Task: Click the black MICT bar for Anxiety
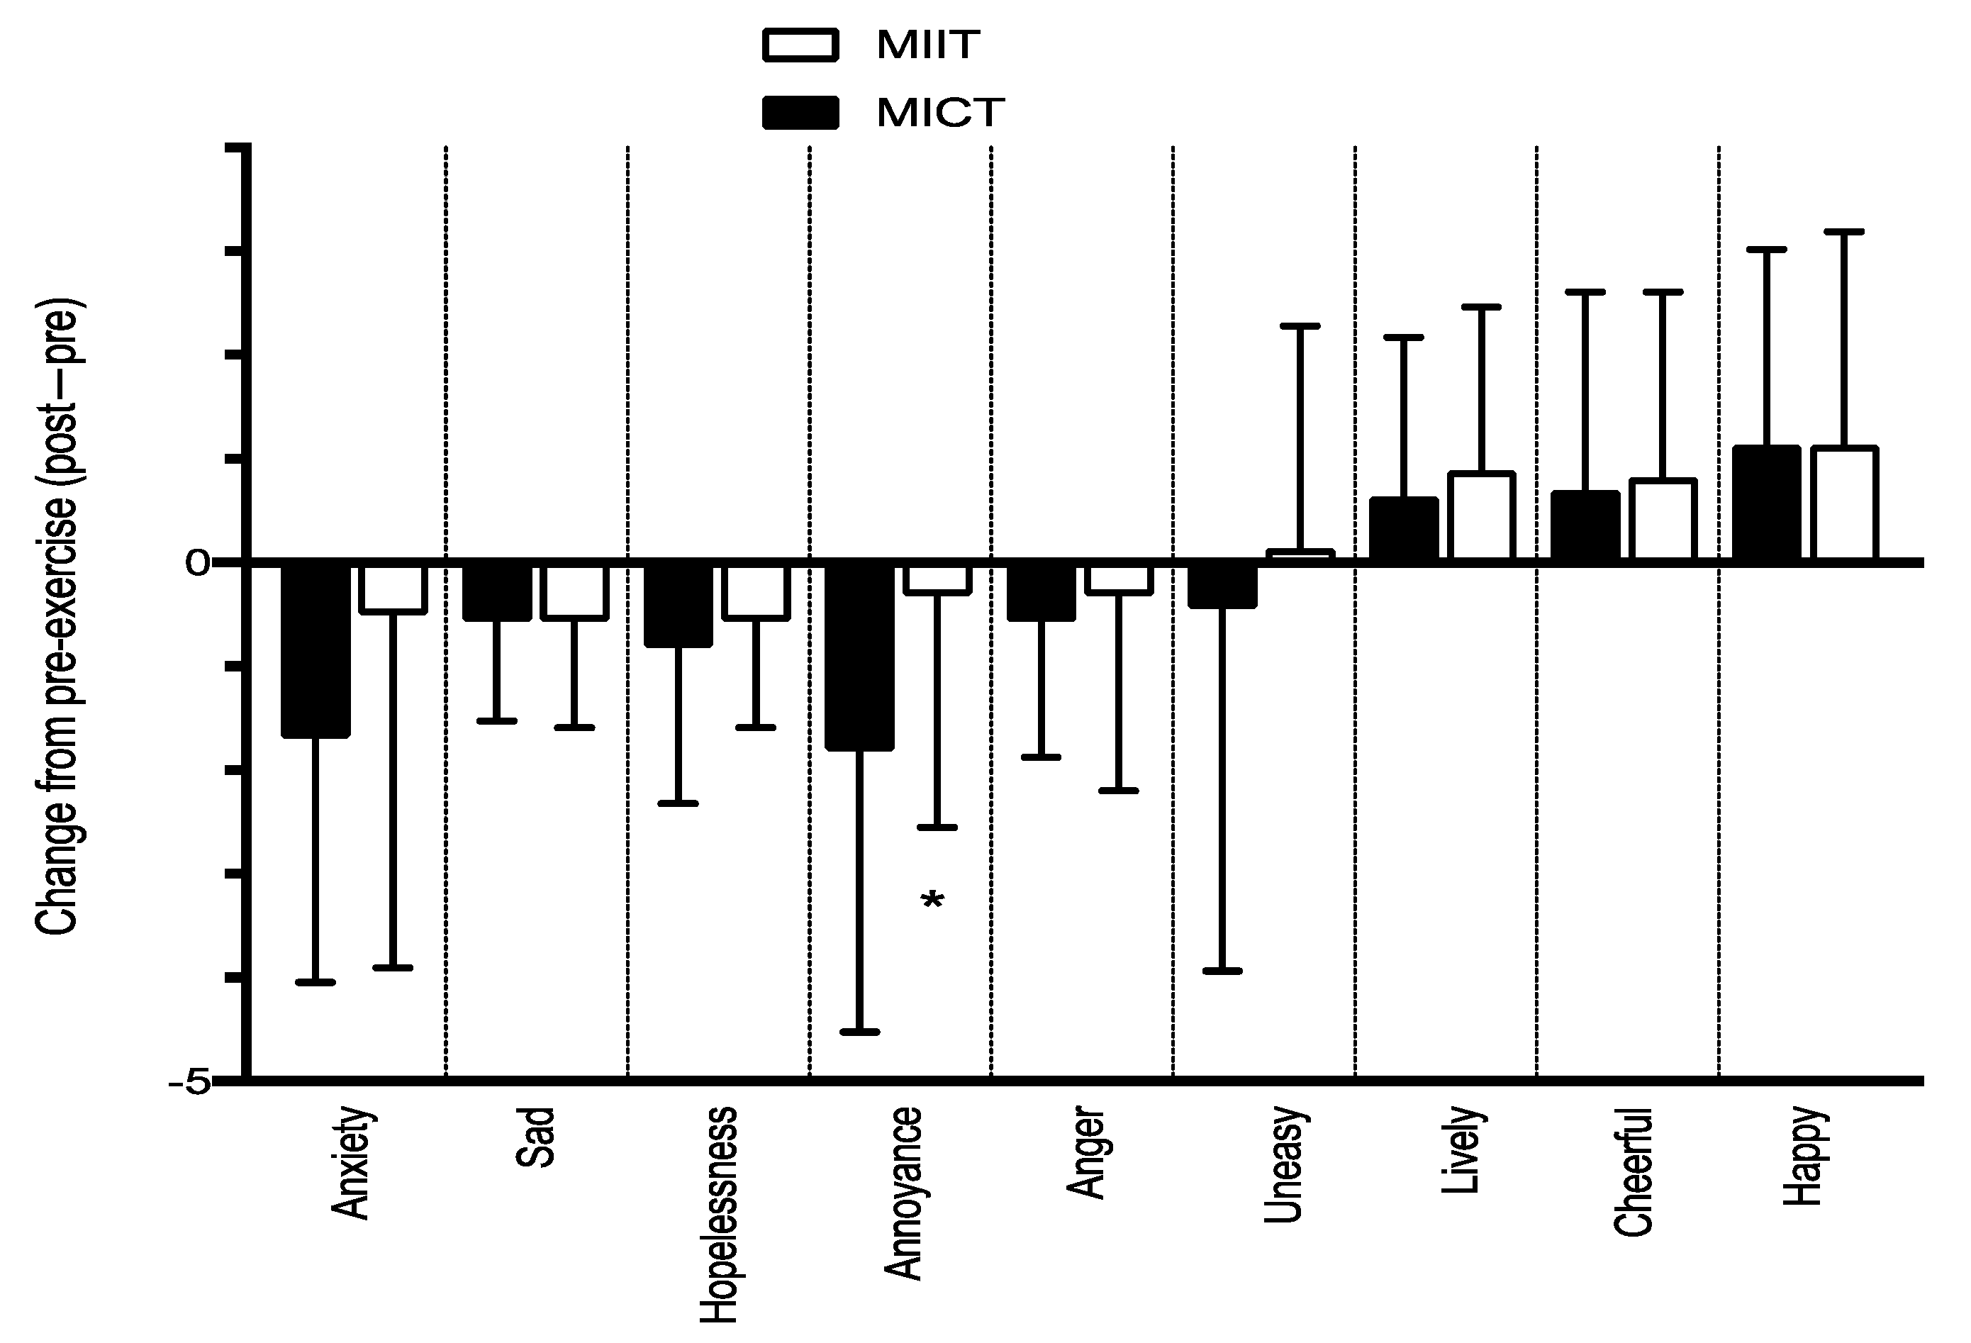coord(316,649)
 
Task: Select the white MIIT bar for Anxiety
coord(393,588)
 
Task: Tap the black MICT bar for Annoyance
coord(859,656)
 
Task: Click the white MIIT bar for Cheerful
coord(1663,520)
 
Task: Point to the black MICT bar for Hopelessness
coord(678,605)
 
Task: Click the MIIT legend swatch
coord(800,45)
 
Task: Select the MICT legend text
coord(939,113)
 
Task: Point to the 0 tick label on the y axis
coord(198,562)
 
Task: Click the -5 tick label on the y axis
coord(191,1083)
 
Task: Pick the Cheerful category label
coord(1633,1171)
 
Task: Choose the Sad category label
coord(535,1137)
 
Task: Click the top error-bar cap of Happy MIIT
coord(1844,230)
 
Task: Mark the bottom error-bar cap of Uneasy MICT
coord(1222,971)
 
